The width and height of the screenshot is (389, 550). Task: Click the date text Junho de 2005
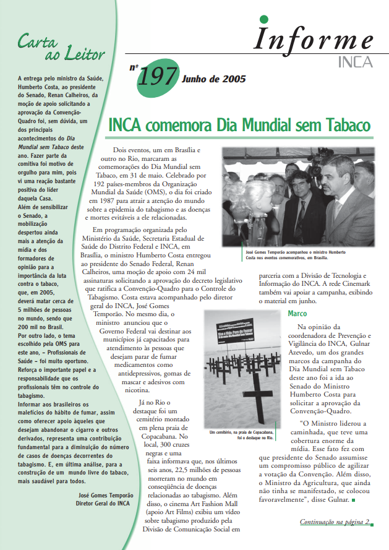coord(213,79)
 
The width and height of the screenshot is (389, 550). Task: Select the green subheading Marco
coord(297,314)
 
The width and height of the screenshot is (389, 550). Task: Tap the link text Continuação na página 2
coord(334,522)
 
